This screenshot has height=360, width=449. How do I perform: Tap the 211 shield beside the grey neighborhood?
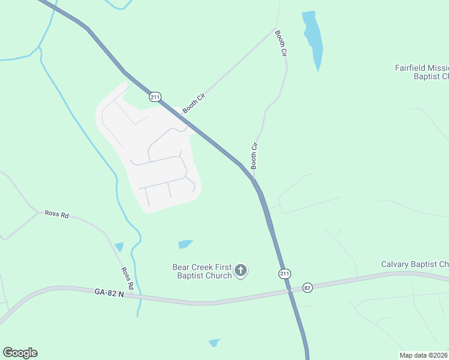tap(155, 97)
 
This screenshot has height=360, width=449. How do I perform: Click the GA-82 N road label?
tap(109, 292)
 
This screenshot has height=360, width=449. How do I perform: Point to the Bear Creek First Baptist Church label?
tap(202, 271)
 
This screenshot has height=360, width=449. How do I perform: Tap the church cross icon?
tap(241, 271)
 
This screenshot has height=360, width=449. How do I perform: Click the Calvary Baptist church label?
tap(415, 265)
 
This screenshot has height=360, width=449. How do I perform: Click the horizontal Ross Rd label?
tap(56, 214)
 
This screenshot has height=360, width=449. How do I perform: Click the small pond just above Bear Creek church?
tap(185, 244)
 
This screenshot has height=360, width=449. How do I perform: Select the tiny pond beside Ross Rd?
tap(119, 247)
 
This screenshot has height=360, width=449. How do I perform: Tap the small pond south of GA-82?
tap(214, 343)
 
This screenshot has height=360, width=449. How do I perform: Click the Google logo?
tap(20, 353)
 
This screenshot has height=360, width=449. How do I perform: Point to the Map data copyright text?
tap(424, 355)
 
